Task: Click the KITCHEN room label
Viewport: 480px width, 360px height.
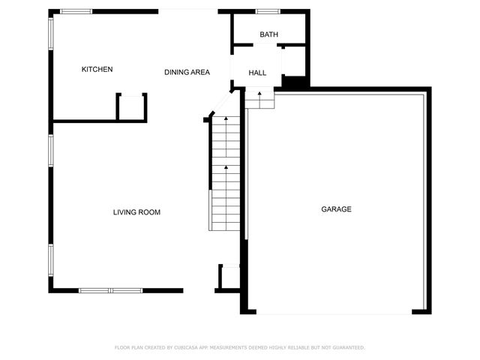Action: pyautogui.click(x=97, y=70)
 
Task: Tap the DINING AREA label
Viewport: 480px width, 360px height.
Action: pyautogui.click(x=187, y=72)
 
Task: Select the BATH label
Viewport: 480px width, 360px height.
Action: pyautogui.click(x=268, y=35)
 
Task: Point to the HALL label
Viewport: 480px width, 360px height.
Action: pyautogui.click(x=257, y=73)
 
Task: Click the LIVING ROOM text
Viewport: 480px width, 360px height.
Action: pyautogui.click(x=136, y=212)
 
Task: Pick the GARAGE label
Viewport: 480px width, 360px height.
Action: pyautogui.click(x=336, y=209)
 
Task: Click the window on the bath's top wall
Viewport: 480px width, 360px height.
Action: pyautogui.click(x=268, y=11)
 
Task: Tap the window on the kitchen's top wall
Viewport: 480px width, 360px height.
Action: pyautogui.click(x=76, y=11)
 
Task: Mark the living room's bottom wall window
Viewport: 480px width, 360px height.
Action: pyautogui.click(x=110, y=290)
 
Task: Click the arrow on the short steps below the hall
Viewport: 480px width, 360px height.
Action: pyautogui.click(x=259, y=94)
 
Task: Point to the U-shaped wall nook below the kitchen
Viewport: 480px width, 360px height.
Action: pyautogui.click(x=131, y=106)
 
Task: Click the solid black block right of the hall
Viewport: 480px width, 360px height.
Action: pyautogui.click(x=294, y=82)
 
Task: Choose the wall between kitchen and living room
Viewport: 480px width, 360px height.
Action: pyautogui.click(x=82, y=120)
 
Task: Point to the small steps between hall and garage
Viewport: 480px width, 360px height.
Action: pyautogui.click(x=259, y=100)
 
